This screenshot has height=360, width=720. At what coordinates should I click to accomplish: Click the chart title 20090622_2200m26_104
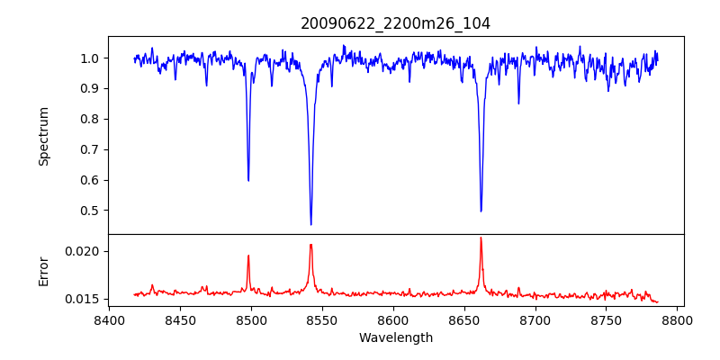pos(395,23)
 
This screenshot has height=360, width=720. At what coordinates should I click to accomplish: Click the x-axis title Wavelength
pos(395,337)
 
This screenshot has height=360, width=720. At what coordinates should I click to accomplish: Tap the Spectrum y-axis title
pos(44,136)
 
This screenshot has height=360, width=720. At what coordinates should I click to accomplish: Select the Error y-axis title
pos(44,271)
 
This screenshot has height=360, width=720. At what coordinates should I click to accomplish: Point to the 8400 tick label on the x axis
pos(109,319)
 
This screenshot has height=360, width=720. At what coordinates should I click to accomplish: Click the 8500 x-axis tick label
pos(251,319)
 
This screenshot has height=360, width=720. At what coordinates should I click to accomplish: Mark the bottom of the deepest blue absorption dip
pos(311,224)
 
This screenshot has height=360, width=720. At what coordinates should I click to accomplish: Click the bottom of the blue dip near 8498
pos(248,181)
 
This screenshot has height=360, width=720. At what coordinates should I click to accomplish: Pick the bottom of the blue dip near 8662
pos(481,211)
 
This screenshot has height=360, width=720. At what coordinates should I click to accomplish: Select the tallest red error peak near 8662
pos(481,238)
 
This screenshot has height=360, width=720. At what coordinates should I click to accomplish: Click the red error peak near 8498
pos(248,256)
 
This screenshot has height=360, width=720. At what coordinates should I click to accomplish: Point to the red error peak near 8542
pos(310,245)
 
